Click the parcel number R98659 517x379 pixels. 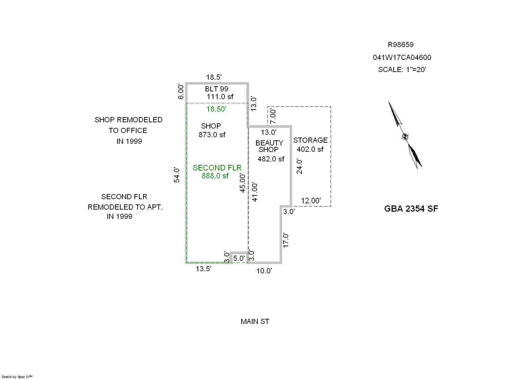[x=401, y=45]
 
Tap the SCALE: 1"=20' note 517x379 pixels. [x=402, y=70]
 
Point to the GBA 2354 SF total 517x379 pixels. [x=411, y=209]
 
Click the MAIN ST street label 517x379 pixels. [x=255, y=321]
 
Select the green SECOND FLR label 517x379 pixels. [x=217, y=168]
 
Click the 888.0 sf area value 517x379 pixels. [x=215, y=176]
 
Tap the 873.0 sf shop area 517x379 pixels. [x=212, y=135]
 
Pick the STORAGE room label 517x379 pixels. [x=310, y=140]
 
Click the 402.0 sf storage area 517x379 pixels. [x=310, y=149]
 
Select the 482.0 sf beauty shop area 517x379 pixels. [x=271, y=159]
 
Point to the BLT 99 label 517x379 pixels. [x=217, y=89]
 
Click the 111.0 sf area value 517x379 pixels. [x=220, y=97]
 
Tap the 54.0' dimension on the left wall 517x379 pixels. [x=177, y=175]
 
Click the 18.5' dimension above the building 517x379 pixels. [x=214, y=77]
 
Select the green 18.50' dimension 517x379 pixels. [x=216, y=109]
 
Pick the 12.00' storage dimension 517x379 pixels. [x=311, y=201]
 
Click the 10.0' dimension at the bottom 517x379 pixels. [x=264, y=271]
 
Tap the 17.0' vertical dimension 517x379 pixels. [x=286, y=240]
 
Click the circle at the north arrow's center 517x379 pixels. [x=405, y=137]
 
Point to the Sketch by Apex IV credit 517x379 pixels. [x=17, y=377]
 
